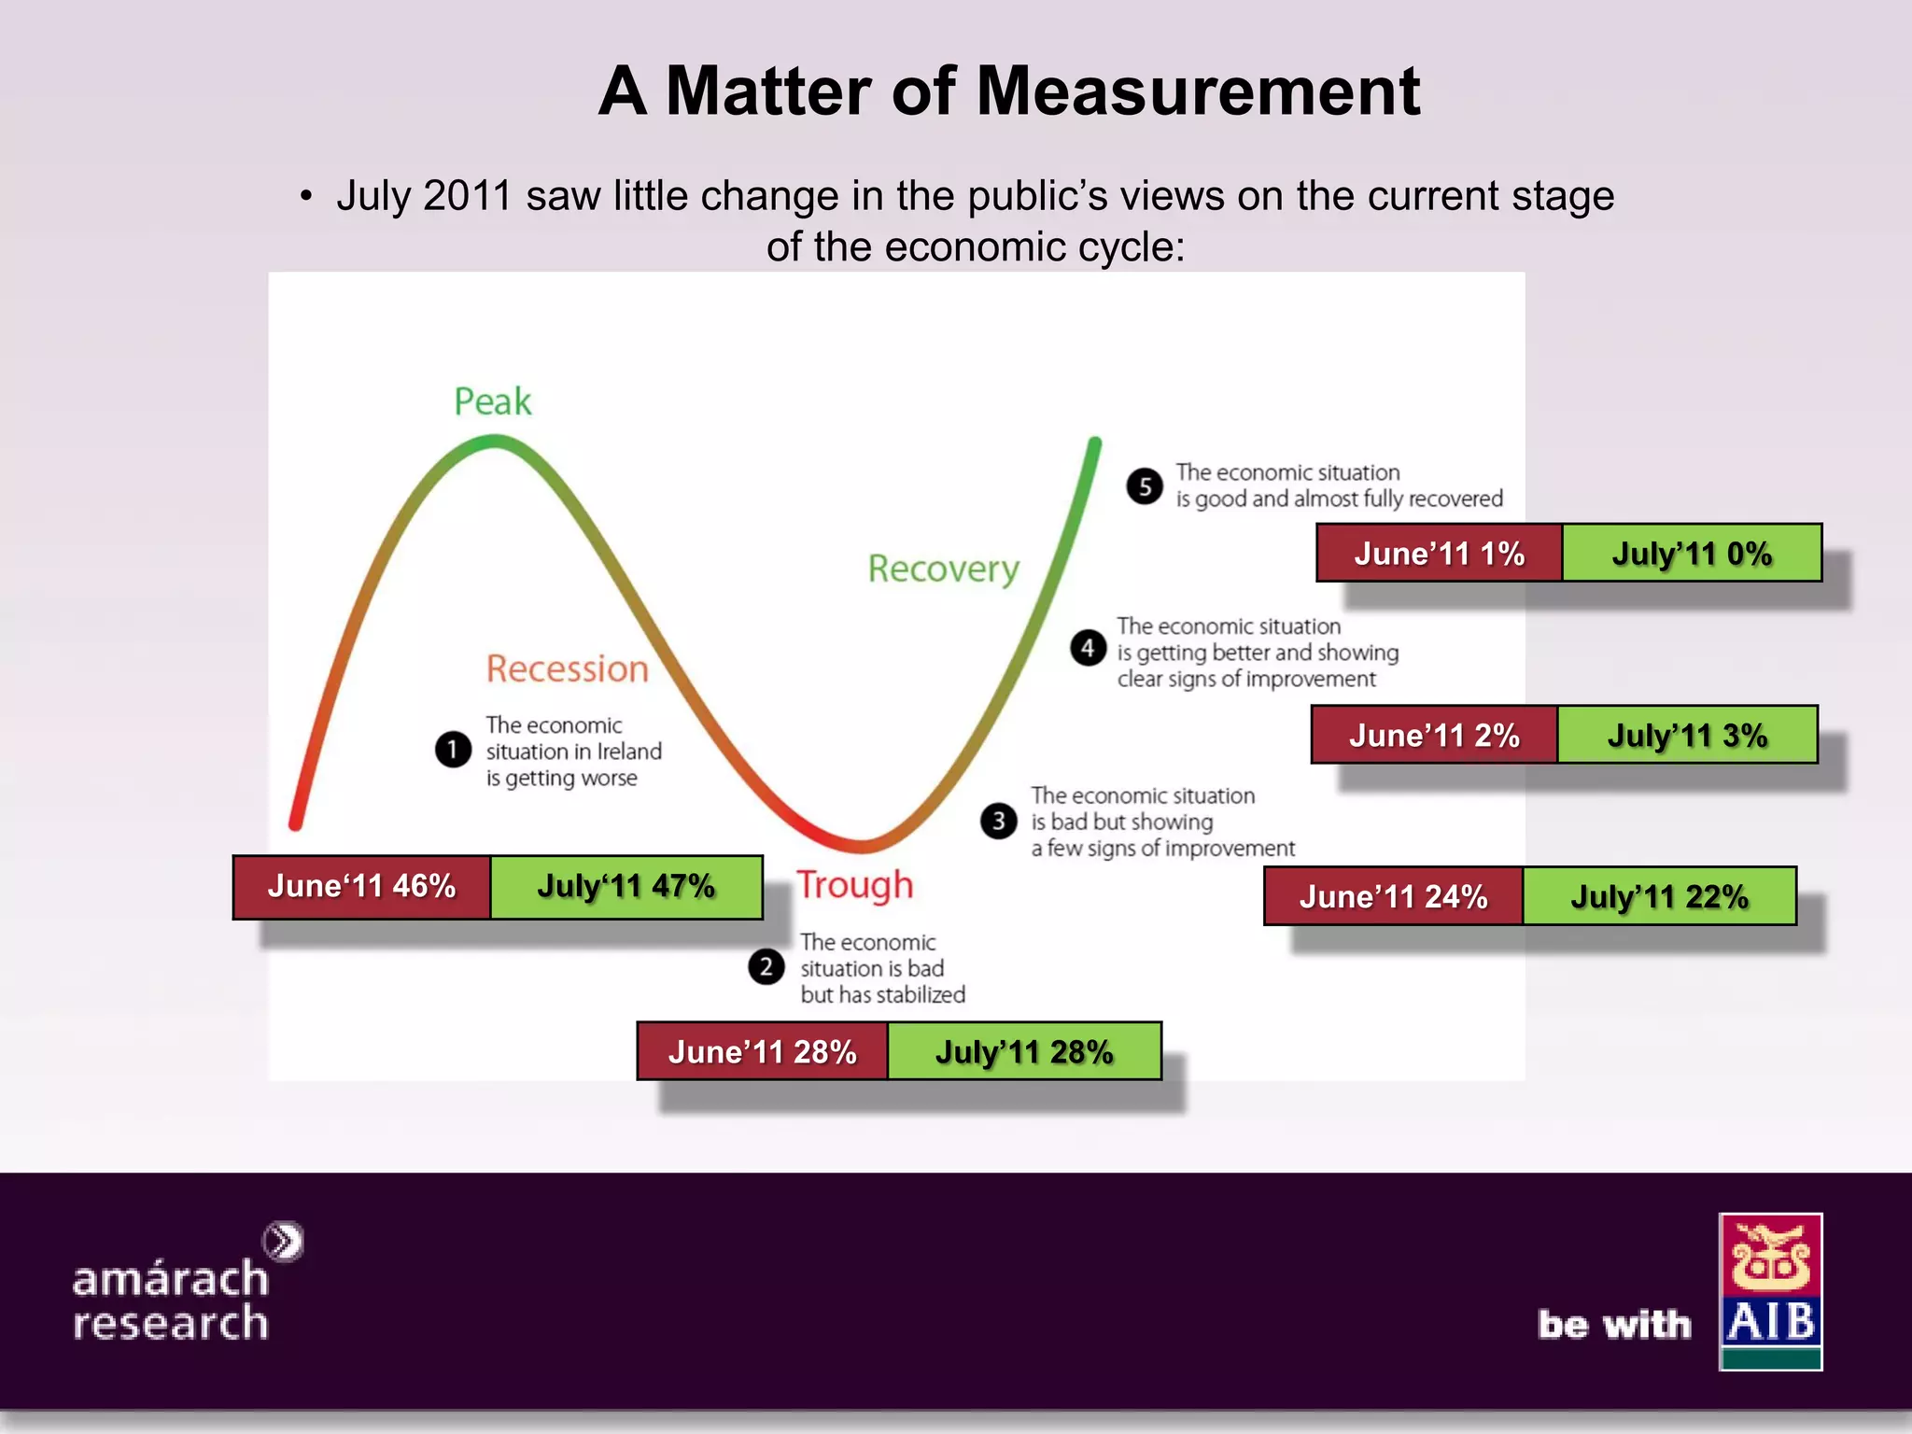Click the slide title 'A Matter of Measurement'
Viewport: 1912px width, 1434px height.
pyautogui.click(x=1008, y=91)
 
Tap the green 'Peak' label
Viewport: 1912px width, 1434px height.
pyautogui.click(x=492, y=401)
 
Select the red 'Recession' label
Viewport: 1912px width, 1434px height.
pyautogui.click(x=567, y=668)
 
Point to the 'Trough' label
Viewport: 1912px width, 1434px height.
pyautogui.click(x=854, y=885)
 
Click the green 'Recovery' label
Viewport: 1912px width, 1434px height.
pyautogui.click(x=943, y=569)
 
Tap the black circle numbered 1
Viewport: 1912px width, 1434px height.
pyautogui.click(x=453, y=750)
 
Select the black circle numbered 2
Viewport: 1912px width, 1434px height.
pyautogui.click(x=766, y=966)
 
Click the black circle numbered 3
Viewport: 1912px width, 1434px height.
pyautogui.click(x=998, y=821)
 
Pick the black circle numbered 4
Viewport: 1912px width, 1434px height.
pyautogui.click(x=1088, y=647)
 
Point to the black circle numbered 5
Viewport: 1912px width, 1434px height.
pyautogui.click(x=1145, y=485)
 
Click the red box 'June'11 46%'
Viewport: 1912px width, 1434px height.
pyautogui.click(x=362, y=887)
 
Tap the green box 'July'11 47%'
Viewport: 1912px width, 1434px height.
pyautogui.click(x=626, y=887)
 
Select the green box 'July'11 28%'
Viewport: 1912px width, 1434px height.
pyautogui.click(x=1024, y=1052)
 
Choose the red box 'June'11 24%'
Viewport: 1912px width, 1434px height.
pyautogui.click(x=1393, y=897)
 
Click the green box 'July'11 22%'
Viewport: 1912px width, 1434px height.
pyautogui.click(x=1659, y=897)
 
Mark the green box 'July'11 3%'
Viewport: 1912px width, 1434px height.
pyautogui.click(x=1687, y=736)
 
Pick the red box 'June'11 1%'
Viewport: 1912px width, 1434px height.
pyautogui.click(x=1439, y=554)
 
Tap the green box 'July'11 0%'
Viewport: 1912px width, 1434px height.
pyautogui.click(x=1692, y=554)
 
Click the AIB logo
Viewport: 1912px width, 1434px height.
pyautogui.click(x=1770, y=1291)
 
